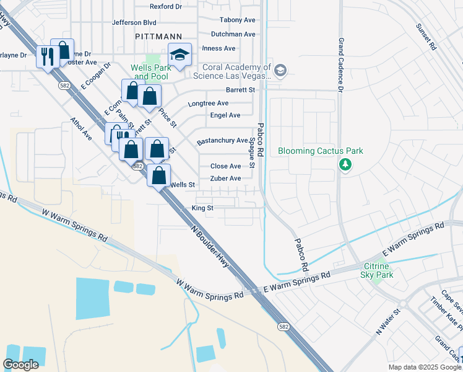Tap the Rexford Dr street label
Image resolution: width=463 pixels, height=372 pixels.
[x=166, y=7]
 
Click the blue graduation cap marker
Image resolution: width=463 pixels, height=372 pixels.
[x=180, y=56]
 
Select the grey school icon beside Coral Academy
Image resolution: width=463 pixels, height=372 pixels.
[x=280, y=71]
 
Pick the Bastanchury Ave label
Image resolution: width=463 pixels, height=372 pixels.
[x=222, y=141]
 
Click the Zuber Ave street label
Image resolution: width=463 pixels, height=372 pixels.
[x=225, y=179]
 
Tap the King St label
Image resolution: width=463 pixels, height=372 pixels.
[x=202, y=208]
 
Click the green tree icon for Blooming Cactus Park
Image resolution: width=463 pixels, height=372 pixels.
[x=345, y=165]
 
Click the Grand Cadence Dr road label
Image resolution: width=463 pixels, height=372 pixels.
[x=340, y=64]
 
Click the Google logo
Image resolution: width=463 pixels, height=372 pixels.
[x=20, y=365]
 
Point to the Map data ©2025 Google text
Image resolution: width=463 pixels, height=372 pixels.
[x=424, y=367]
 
